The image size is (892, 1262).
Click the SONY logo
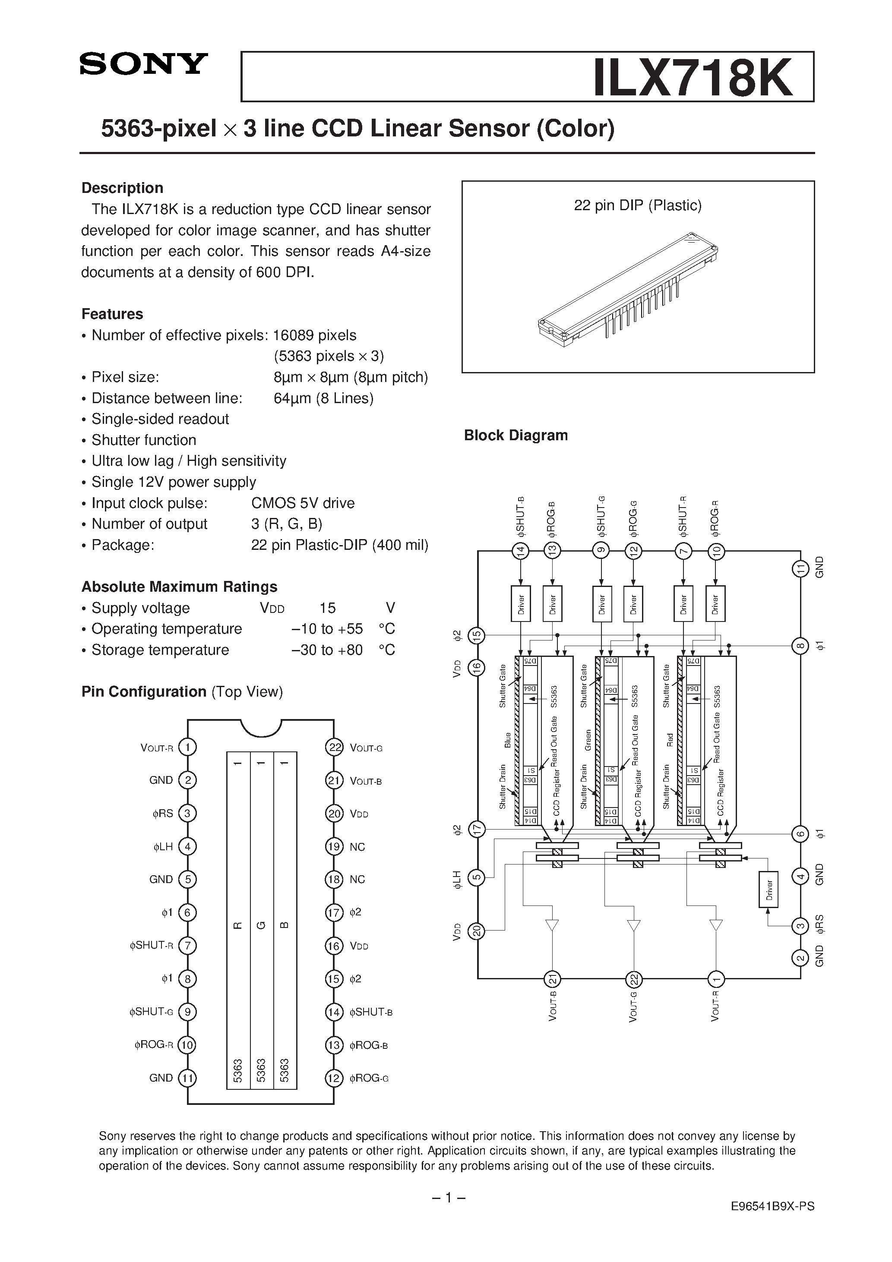143,64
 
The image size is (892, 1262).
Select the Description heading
122,188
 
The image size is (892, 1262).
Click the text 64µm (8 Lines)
323,398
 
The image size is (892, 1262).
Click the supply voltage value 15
327,608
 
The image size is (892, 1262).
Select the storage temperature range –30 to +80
327,650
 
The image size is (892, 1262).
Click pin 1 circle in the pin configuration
187,747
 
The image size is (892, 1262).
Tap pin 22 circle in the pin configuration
334,748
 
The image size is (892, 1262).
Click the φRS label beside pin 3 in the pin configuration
163,814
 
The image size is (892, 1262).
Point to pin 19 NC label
357,847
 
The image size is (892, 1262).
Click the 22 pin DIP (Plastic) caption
637,205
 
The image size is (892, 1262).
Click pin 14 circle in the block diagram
520,550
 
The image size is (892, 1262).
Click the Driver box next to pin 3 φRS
768,889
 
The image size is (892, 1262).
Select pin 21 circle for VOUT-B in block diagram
552,979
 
